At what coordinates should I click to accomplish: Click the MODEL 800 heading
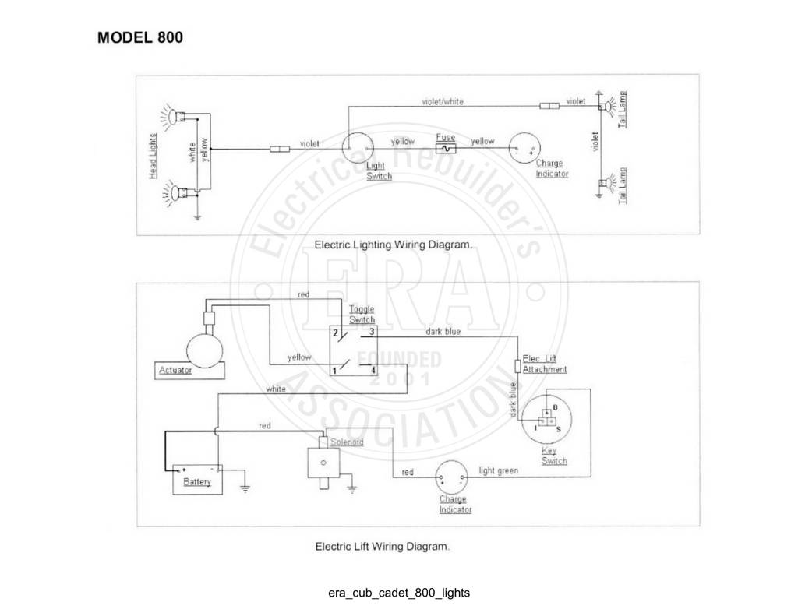tap(140, 37)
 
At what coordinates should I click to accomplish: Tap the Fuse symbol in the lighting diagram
tap(446, 149)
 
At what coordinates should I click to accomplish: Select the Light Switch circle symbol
tap(357, 149)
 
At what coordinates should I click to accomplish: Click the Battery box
tap(197, 479)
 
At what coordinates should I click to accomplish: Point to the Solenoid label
tap(347, 442)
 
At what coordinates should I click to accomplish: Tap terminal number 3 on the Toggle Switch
tap(372, 332)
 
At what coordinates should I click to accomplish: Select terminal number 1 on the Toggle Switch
tap(334, 371)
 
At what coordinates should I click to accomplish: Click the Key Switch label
tap(554, 456)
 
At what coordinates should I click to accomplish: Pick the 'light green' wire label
tap(498, 471)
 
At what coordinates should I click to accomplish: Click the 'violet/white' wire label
tap(443, 102)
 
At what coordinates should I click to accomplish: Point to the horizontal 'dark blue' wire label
tap(443, 332)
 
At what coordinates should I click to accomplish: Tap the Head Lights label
tap(154, 157)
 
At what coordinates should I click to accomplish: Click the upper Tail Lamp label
tap(623, 109)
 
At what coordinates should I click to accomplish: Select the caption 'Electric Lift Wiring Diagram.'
tap(383, 547)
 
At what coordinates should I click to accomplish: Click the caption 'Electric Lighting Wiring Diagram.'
tap(394, 245)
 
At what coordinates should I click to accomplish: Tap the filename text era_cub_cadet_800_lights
tap(399, 593)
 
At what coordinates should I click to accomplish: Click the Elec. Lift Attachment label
tap(544, 364)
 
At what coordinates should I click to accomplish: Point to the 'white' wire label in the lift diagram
tap(276, 389)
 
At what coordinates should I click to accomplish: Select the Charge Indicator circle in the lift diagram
tap(451, 477)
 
